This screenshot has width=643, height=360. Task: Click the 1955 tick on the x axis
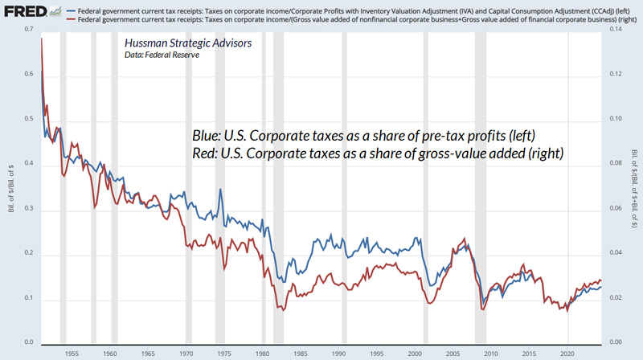(72, 353)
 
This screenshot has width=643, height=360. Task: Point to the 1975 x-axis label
(223, 353)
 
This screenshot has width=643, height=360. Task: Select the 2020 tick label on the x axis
(567, 353)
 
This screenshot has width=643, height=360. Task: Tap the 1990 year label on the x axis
(338, 353)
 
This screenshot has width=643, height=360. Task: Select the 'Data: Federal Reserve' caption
(162, 55)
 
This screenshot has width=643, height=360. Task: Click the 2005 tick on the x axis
(453, 353)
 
